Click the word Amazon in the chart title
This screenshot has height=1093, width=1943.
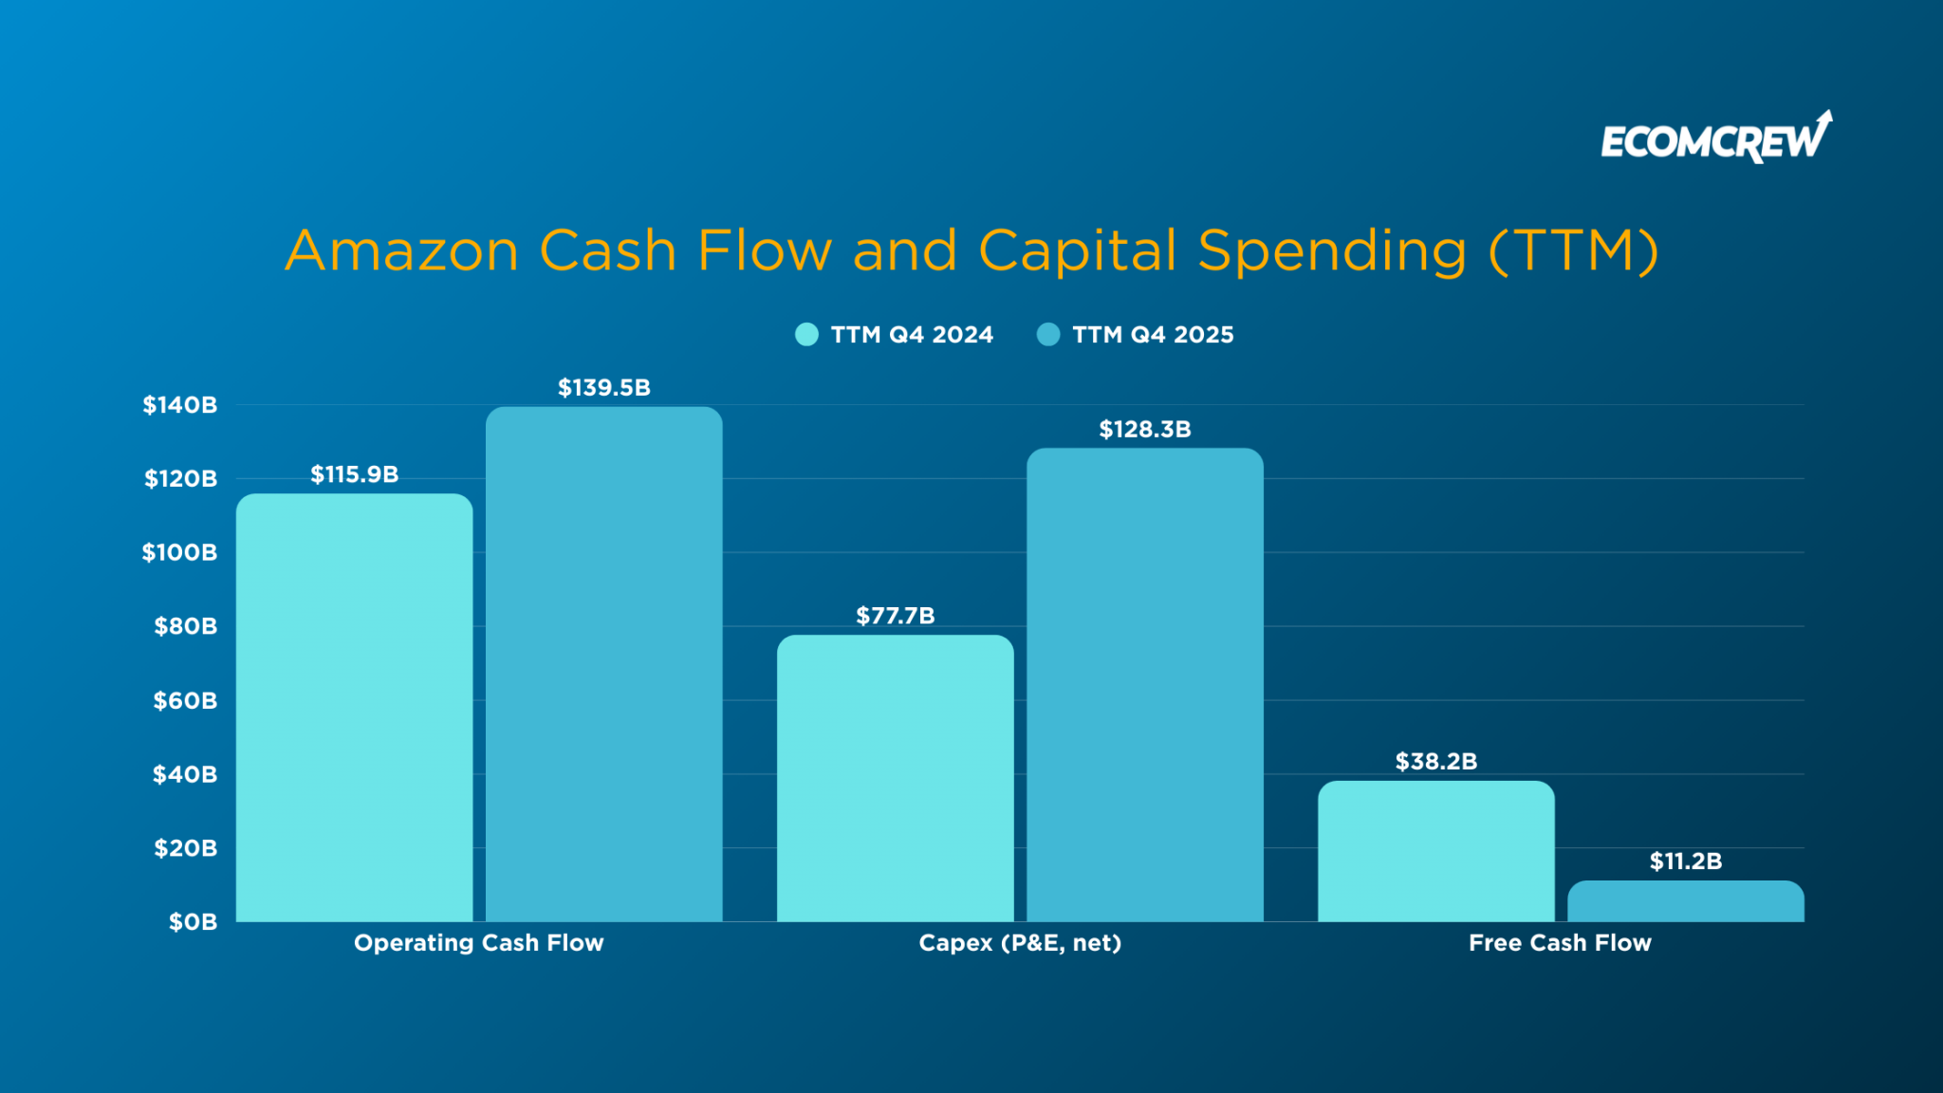tap(401, 251)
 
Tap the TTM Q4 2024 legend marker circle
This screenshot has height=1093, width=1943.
tap(806, 335)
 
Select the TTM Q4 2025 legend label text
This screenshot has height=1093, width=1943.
tap(1153, 335)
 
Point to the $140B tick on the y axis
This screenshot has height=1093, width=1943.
tap(180, 405)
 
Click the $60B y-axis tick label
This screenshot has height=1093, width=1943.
tap(185, 701)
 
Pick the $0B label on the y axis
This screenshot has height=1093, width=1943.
tap(193, 922)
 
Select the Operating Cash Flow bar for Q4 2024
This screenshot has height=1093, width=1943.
tap(354, 707)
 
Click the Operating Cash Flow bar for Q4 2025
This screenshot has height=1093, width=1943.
tap(603, 664)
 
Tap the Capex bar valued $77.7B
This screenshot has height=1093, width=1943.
tap(895, 778)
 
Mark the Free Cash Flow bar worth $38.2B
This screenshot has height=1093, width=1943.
tap(1435, 851)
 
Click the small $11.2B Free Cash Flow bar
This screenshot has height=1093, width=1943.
tap(1685, 901)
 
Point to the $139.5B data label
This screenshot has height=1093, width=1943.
tap(603, 388)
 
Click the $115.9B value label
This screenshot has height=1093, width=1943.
tap(354, 474)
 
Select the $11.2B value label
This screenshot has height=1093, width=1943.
tap(1685, 861)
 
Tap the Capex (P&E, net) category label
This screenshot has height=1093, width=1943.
tap(1020, 943)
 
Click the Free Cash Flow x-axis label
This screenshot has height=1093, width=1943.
tap(1560, 943)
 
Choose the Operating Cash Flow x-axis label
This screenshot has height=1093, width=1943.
tap(478, 943)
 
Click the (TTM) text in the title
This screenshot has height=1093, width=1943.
tap(1573, 251)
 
